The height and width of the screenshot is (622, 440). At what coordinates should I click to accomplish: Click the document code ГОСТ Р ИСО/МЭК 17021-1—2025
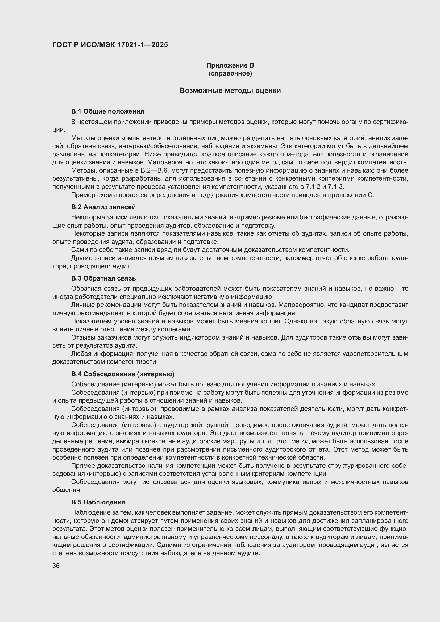(x=110, y=45)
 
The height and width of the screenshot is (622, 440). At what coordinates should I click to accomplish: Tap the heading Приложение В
(x=230, y=65)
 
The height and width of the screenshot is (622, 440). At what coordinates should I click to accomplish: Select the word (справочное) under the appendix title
(x=230, y=73)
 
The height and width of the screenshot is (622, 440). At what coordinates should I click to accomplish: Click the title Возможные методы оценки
(x=230, y=90)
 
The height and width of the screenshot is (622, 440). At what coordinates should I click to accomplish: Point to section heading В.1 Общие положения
(x=107, y=111)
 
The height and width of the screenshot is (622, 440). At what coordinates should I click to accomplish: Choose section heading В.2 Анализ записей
(x=103, y=207)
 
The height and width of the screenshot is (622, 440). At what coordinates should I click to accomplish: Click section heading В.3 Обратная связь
(x=103, y=278)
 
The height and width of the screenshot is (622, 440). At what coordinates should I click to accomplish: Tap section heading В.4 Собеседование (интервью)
(x=123, y=374)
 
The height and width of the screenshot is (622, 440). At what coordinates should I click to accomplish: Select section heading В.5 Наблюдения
(x=98, y=502)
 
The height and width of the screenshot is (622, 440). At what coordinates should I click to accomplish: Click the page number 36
(x=56, y=566)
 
